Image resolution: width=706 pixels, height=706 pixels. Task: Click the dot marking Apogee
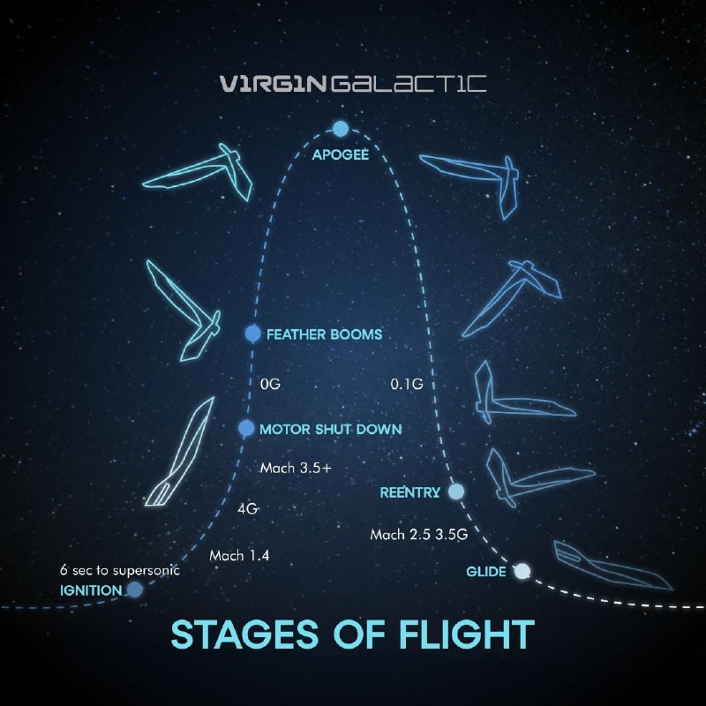[341, 129]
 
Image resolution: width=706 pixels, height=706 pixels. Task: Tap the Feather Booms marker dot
[252, 334]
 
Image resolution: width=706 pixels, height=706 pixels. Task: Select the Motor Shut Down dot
[246, 428]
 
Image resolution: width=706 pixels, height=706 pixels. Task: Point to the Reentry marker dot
[456, 492]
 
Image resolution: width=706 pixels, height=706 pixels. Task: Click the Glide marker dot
[522, 571]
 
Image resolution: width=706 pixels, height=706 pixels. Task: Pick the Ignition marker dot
[135, 590]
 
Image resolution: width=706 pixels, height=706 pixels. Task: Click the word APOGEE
[341, 155]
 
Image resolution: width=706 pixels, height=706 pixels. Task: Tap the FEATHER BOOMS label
[324, 334]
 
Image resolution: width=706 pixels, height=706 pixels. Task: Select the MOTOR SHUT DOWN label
[331, 429]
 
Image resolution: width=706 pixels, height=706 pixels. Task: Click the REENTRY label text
[410, 492]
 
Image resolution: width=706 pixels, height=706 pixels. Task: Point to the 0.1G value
[407, 384]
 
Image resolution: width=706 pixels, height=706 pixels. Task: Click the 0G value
[270, 384]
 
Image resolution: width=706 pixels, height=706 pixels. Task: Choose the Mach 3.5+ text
[296, 469]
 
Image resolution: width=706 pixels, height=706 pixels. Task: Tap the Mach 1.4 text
[239, 556]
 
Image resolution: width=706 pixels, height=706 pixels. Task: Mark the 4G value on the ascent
[248, 509]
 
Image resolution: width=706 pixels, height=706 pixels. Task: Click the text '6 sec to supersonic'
[120, 570]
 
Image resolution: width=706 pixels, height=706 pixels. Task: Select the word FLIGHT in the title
[467, 634]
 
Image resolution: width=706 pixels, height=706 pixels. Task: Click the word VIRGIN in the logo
[273, 84]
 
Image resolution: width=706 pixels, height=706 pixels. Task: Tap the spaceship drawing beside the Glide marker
[613, 565]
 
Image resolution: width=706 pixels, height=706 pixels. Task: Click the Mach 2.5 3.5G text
[418, 535]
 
